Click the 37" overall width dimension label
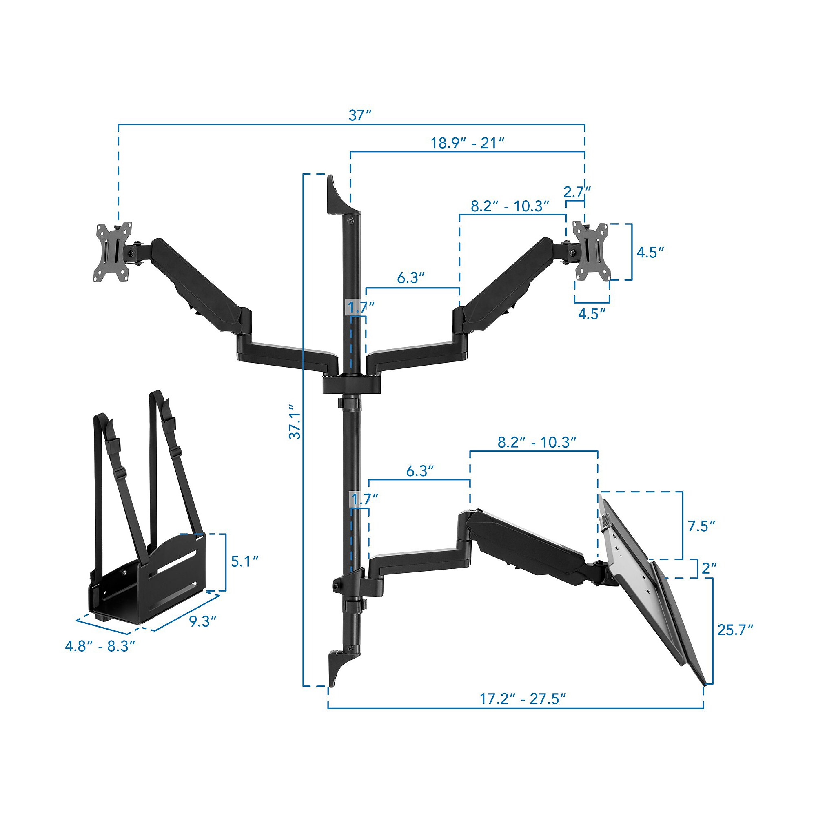pos(360,115)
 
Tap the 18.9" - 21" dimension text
pos(468,143)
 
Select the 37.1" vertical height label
pos(295,421)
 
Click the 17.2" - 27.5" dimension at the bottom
pos(523,699)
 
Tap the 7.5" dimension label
pos(701,526)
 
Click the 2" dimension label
pos(709,568)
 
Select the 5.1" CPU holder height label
pos(244,561)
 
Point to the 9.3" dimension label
pos(203,621)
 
